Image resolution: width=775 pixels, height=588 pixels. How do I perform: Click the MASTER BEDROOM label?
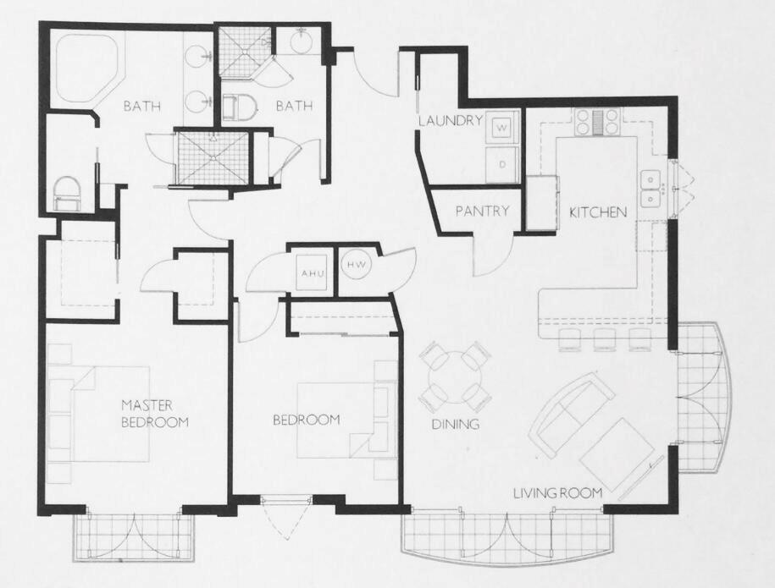(x=154, y=413)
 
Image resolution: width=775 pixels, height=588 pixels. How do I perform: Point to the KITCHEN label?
(x=598, y=212)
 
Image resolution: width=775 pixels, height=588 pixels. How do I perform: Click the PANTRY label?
(x=482, y=211)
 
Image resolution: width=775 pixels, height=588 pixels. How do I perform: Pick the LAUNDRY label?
(x=450, y=121)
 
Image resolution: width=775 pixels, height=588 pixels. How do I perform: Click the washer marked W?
(x=501, y=128)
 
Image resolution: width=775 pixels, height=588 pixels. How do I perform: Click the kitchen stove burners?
(x=597, y=124)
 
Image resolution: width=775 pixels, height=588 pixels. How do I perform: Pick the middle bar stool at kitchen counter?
(x=605, y=340)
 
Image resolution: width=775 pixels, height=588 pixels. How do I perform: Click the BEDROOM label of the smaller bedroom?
(x=306, y=420)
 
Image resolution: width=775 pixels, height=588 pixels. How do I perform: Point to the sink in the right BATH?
(x=302, y=39)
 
